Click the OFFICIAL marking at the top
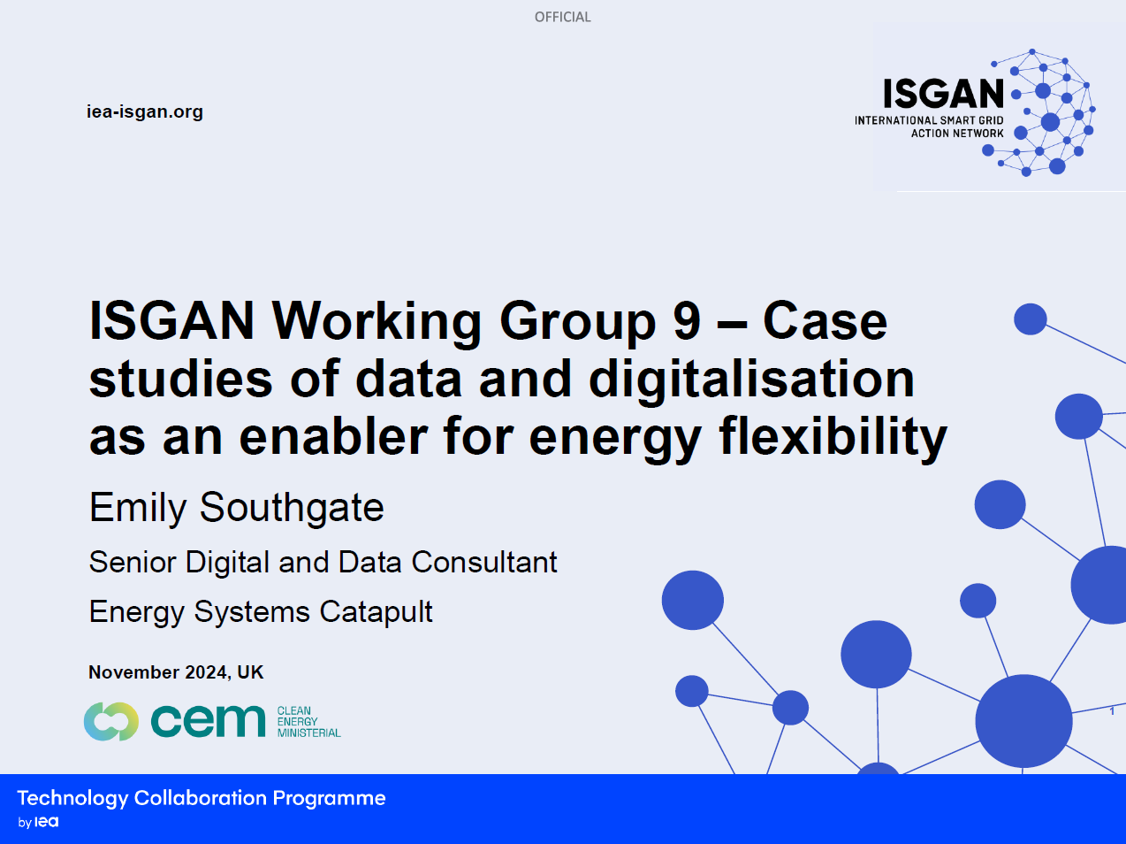pos(563,17)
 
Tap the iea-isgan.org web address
pos(145,111)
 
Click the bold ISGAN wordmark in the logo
pos(943,94)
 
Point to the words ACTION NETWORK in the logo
pos(957,134)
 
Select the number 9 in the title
pos(687,321)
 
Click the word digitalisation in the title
pos(751,380)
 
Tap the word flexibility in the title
pos(833,437)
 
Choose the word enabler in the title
pos(333,437)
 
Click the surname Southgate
pos(292,508)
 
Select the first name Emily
pos(137,508)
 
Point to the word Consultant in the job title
pos(484,562)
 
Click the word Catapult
pos(376,612)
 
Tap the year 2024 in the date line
pos(207,672)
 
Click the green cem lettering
pos(209,720)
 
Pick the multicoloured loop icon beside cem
pos(110,721)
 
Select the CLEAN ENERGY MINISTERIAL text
pos(308,721)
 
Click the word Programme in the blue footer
pos(329,799)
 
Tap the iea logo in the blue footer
pos(46,822)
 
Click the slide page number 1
pos(1112,711)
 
